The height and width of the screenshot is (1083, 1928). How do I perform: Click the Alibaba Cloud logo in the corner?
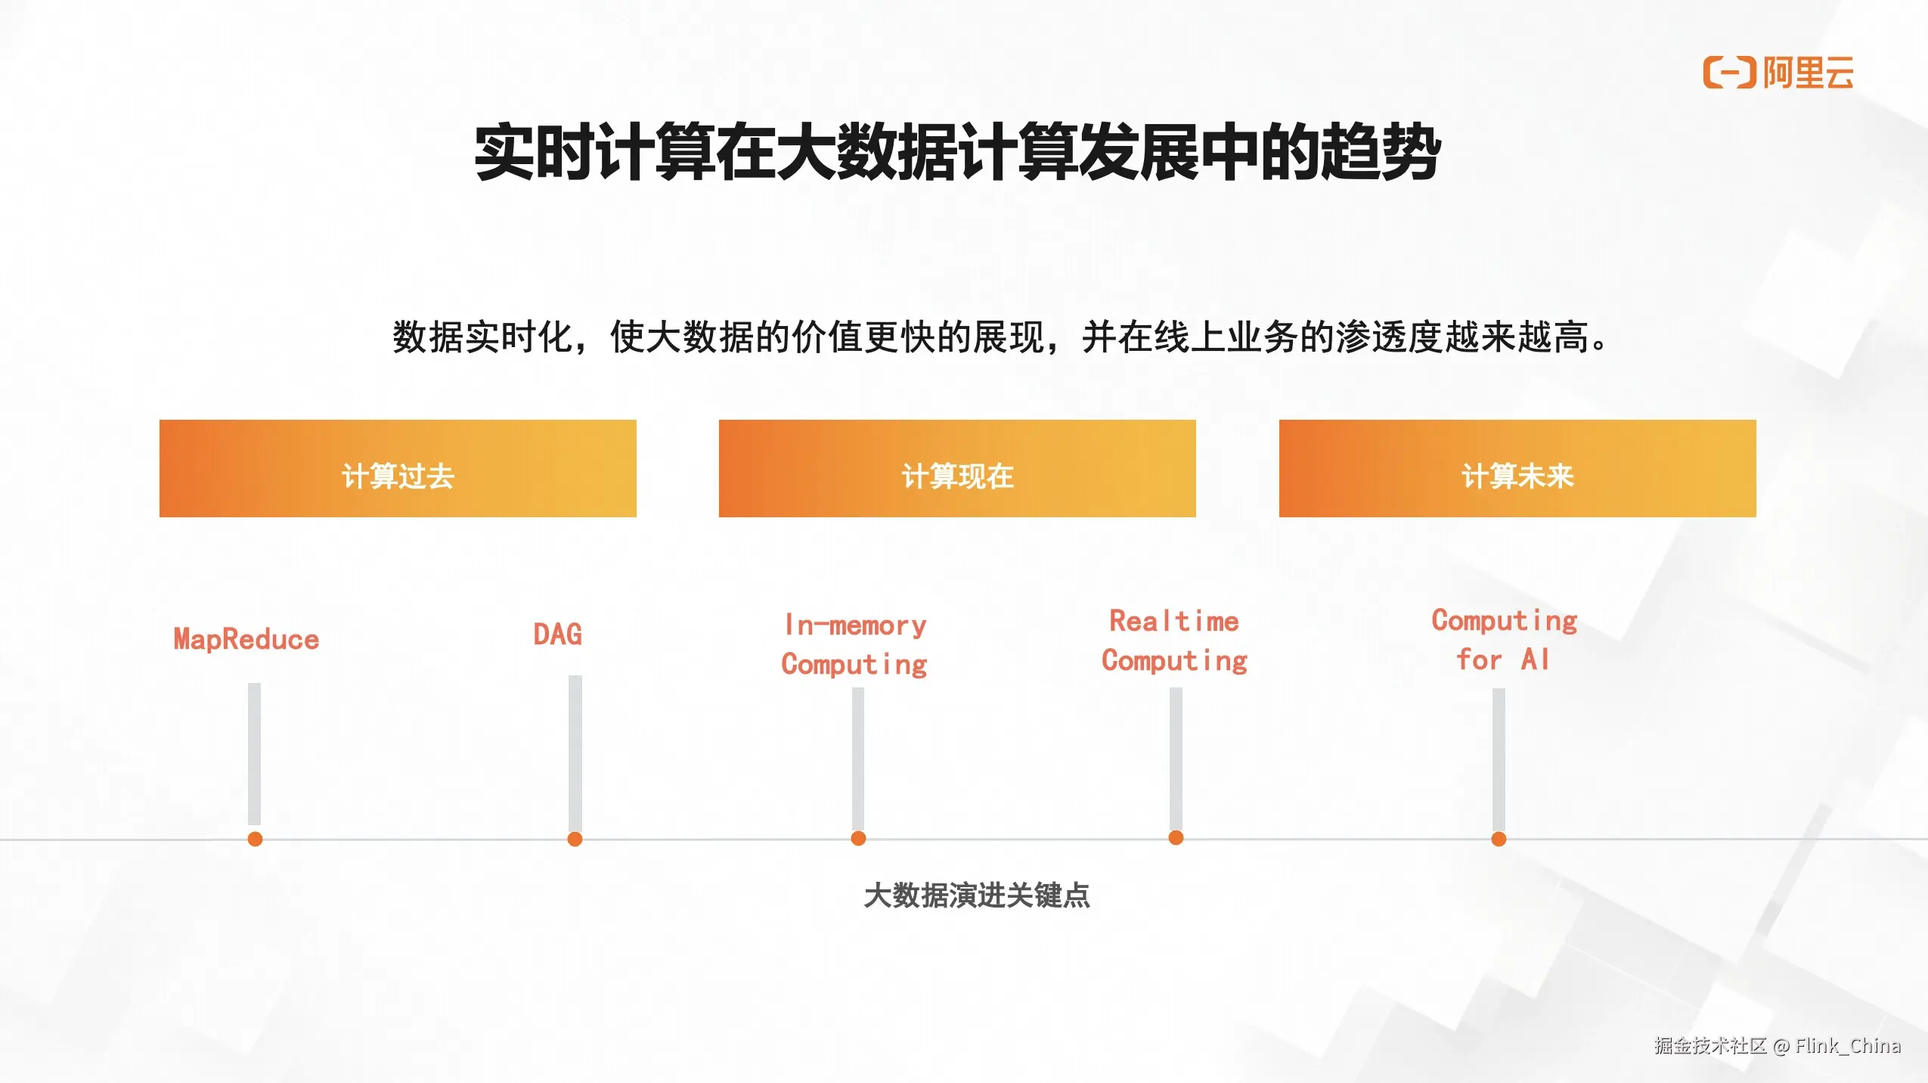coord(1778,73)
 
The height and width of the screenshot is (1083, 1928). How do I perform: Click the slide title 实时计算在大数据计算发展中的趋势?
coord(957,152)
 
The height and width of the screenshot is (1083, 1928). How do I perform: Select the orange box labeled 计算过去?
coord(398,468)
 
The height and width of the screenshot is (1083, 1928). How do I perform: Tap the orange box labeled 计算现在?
coord(957,468)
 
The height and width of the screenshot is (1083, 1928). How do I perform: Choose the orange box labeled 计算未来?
coord(1517,468)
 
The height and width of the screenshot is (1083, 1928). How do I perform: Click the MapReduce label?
coord(246,640)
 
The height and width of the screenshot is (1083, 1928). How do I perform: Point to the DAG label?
coord(558,634)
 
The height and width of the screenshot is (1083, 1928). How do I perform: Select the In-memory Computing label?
coord(854,644)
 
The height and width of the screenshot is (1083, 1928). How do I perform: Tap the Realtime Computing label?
coord(1174,641)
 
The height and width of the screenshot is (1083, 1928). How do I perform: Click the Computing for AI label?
coord(1505,640)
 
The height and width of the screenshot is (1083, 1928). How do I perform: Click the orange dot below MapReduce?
coord(255,839)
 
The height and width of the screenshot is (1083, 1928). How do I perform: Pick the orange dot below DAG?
coord(575,839)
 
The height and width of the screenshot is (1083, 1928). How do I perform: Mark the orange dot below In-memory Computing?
coord(858,838)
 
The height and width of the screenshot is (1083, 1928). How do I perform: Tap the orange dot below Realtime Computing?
coord(1176,837)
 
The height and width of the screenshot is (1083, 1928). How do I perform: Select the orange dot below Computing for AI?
coord(1499,839)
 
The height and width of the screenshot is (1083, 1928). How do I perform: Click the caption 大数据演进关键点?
coord(977,895)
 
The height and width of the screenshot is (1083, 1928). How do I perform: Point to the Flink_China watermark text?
coord(1847,1045)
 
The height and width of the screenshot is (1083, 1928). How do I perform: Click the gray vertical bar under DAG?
coord(575,753)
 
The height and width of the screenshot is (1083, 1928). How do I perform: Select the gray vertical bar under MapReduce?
coord(254,754)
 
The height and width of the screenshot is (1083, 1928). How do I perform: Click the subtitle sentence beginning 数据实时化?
coord(1000,337)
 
